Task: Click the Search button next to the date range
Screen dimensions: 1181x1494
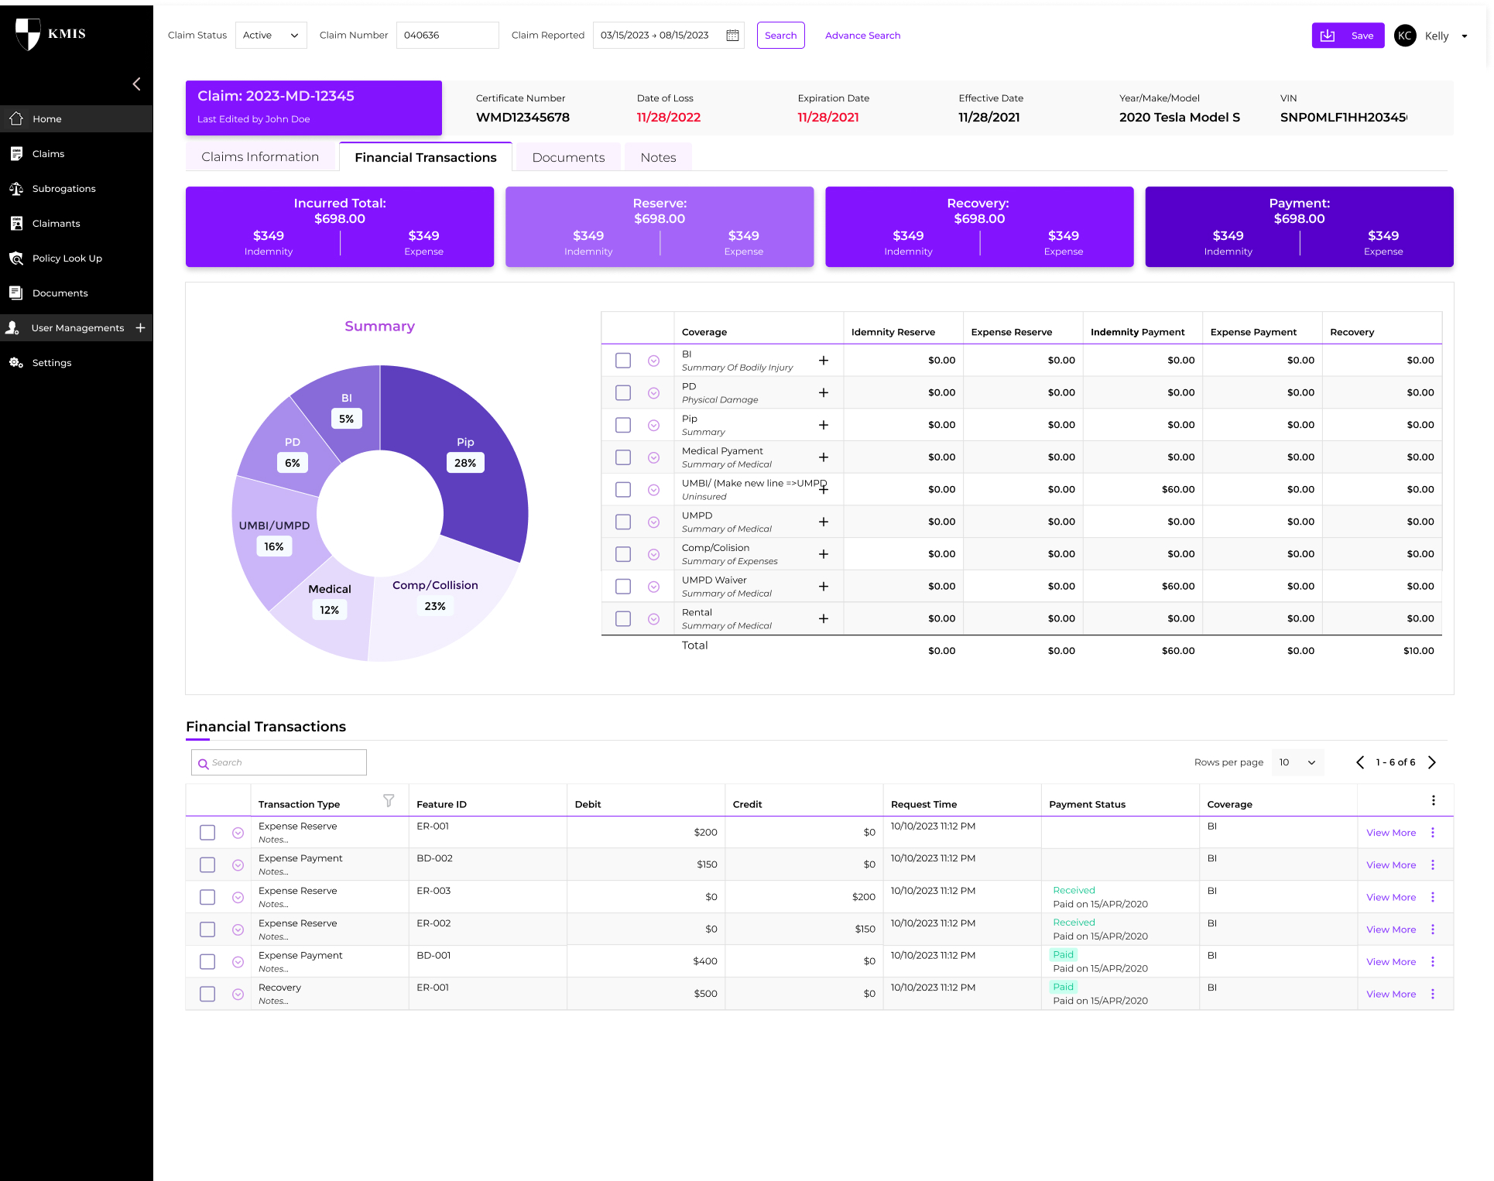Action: click(x=780, y=36)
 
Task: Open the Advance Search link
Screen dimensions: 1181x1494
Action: click(x=862, y=36)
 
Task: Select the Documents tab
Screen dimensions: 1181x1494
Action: click(x=568, y=157)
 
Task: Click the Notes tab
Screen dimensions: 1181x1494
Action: click(x=658, y=157)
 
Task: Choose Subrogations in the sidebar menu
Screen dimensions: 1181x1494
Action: click(x=64, y=189)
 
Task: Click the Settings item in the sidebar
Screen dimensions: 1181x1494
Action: click(x=52, y=363)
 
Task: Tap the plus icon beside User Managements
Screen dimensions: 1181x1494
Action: click(x=141, y=328)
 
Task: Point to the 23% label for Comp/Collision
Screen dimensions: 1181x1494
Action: click(x=435, y=606)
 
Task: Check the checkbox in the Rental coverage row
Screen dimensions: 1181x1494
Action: click(x=623, y=619)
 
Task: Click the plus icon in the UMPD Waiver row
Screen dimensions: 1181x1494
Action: click(x=824, y=587)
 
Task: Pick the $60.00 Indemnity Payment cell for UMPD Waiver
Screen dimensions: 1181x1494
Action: click(x=1177, y=587)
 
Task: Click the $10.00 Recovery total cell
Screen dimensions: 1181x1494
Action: click(x=1418, y=651)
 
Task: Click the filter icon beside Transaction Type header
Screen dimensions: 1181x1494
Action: click(x=389, y=801)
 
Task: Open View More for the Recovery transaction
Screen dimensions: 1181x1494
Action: click(x=1390, y=994)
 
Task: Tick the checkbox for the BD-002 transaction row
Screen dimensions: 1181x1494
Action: click(x=207, y=865)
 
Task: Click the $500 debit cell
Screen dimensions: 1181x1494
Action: click(x=705, y=994)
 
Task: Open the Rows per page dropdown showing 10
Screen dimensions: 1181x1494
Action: click(x=1297, y=762)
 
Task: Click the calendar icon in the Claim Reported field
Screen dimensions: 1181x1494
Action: click(x=732, y=36)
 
